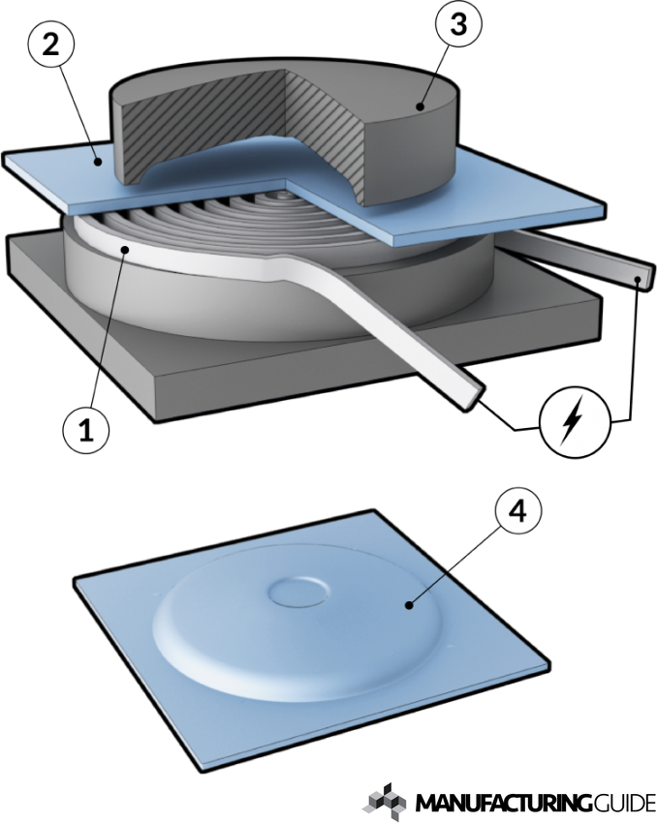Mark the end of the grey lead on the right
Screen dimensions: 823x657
(640, 278)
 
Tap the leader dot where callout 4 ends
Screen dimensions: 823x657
(411, 605)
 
